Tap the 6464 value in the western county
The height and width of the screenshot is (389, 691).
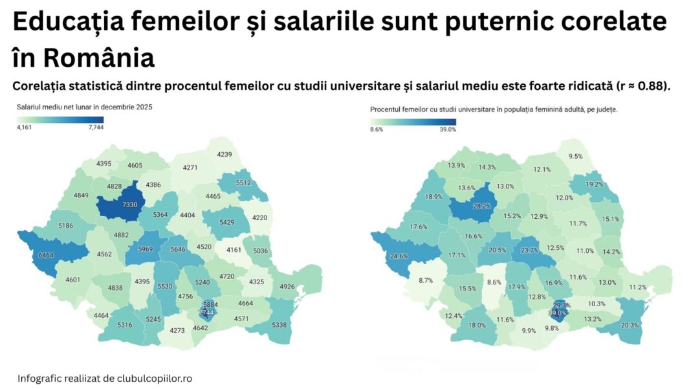click(x=47, y=256)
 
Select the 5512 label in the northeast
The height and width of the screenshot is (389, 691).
click(x=243, y=183)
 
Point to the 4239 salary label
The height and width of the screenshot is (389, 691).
click(x=225, y=154)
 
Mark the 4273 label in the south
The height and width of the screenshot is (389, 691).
click(x=177, y=330)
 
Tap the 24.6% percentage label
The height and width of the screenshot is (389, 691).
click(x=399, y=256)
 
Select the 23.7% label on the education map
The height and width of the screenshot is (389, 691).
click(x=529, y=250)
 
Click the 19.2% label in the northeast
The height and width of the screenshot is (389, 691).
click(x=594, y=184)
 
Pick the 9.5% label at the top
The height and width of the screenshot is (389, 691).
click(x=575, y=156)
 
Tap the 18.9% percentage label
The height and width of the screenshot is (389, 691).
click(x=433, y=197)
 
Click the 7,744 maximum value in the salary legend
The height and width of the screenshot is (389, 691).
click(x=94, y=128)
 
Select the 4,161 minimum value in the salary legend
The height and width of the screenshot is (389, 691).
click(x=24, y=128)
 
